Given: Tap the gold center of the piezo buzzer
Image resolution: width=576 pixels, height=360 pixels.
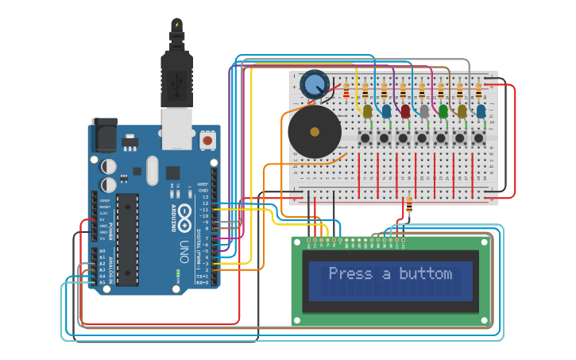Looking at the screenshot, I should point(315,131).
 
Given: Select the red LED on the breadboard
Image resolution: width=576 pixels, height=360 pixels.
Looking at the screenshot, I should point(405,111).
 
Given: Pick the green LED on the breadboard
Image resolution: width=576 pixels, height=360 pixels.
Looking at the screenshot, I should point(443,111).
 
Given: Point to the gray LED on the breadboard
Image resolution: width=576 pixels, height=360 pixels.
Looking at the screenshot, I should point(424,111).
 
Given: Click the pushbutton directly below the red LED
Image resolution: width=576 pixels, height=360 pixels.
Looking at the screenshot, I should point(404,139).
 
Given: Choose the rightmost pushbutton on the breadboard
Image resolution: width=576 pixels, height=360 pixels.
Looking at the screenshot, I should point(479,139).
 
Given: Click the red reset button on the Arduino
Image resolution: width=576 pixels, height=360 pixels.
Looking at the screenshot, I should point(207,141).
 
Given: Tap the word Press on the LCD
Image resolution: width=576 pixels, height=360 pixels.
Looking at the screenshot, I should point(350,274).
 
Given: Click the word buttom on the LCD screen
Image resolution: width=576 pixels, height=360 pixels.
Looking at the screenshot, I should point(425,274).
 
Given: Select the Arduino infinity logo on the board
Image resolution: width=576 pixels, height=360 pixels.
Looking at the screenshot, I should point(184,213).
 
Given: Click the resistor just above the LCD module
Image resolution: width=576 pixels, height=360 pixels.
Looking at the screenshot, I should point(409,208).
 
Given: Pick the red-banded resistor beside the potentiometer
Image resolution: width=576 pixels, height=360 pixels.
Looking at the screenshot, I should point(346,90).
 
